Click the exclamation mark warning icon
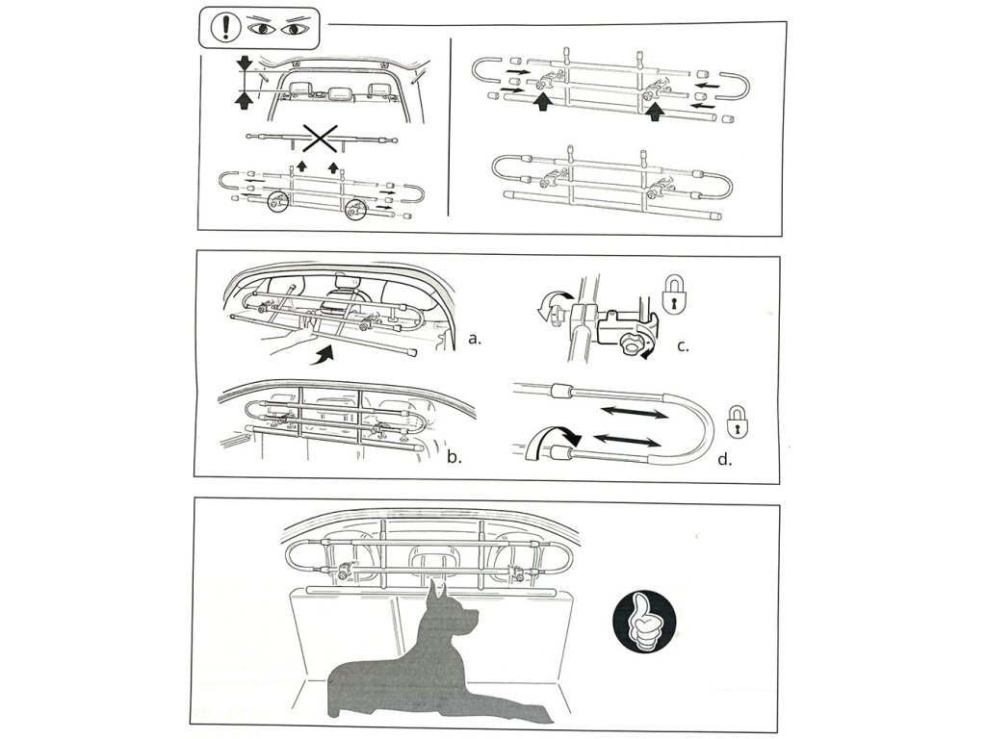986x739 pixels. coord(221,28)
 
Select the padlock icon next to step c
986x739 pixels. coord(673,296)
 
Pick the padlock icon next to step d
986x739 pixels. coord(738,421)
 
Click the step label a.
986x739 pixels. coord(475,340)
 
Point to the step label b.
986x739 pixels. coord(454,457)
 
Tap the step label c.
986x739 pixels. coord(683,345)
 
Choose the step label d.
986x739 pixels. coord(725,459)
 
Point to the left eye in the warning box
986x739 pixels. coord(262,29)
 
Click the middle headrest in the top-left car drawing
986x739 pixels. coord(338,91)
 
